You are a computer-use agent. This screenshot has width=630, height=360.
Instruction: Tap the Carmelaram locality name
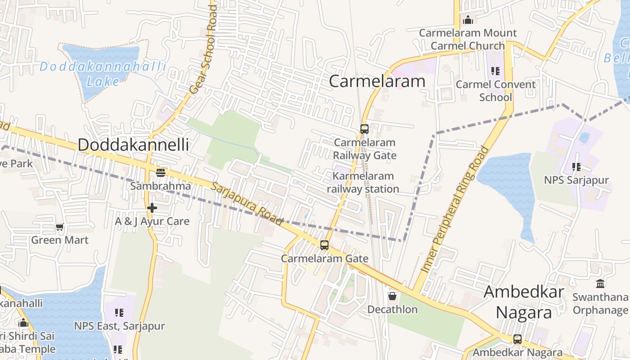click(377, 81)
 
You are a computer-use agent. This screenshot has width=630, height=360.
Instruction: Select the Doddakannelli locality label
click(133, 145)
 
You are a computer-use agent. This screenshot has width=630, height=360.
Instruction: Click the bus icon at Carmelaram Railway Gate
click(364, 129)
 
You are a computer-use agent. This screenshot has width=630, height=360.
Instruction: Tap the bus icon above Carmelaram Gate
click(324, 245)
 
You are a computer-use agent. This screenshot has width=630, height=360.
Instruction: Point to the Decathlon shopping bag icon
click(392, 296)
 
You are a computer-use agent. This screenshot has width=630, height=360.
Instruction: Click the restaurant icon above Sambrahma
click(160, 172)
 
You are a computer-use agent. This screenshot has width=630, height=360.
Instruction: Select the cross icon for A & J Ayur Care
click(152, 208)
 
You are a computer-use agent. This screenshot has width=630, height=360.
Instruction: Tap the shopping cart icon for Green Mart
click(60, 227)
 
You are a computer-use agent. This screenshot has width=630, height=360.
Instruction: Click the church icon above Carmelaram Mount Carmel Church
click(468, 20)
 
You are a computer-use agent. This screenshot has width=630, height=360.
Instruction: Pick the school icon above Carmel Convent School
click(495, 71)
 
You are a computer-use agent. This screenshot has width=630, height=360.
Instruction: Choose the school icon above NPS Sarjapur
click(576, 167)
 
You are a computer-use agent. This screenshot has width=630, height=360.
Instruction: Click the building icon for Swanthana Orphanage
click(600, 284)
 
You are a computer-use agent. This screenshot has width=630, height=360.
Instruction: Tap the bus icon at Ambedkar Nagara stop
click(517, 339)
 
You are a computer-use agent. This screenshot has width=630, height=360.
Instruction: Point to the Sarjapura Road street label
click(247, 204)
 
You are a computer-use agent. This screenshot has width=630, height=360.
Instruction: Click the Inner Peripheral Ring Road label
click(455, 209)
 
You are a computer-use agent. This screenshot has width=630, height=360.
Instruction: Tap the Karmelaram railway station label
click(363, 182)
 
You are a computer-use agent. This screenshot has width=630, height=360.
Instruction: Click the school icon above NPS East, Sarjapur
click(119, 312)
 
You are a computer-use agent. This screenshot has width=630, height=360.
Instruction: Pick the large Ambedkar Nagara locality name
click(524, 301)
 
